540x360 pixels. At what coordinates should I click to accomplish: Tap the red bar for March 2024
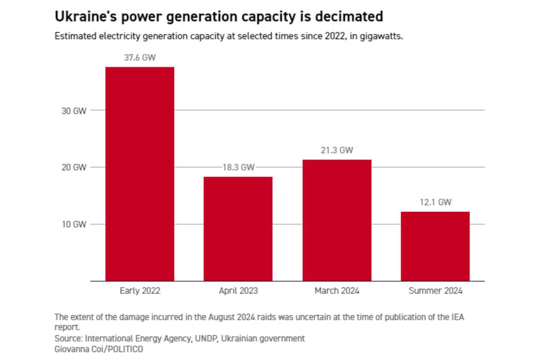pos(337,220)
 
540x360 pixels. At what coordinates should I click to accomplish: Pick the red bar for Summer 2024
pos(435,246)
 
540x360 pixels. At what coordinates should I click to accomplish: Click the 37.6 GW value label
pos(139,58)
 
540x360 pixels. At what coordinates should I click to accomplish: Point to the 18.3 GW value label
pos(238,167)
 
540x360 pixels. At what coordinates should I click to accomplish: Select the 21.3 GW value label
pos(337,150)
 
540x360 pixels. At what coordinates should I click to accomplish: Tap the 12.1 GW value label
pos(435,202)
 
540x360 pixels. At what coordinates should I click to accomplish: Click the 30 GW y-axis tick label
pos(73,110)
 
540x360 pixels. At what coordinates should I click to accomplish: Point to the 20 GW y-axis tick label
pos(73,167)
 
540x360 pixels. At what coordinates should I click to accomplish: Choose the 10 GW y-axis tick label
pos(73,224)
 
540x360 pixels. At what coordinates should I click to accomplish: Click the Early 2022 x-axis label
pos(139,291)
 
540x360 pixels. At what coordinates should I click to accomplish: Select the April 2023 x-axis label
pos(238,291)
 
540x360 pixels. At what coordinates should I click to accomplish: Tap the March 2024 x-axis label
pos(337,291)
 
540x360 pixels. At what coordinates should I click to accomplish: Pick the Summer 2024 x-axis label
pos(435,291)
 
